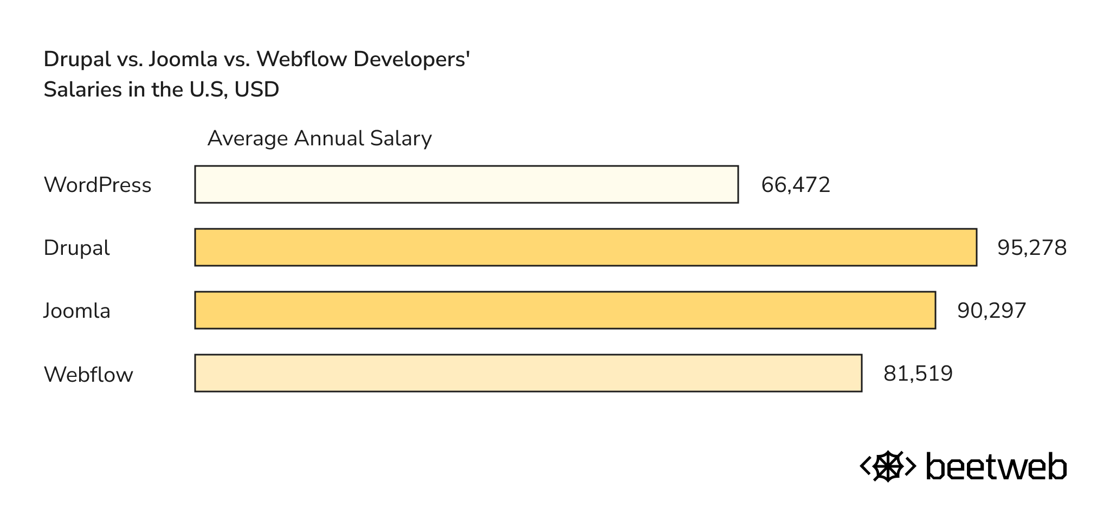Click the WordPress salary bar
click(466, 184)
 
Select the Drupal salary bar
click(585, 247)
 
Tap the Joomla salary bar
click(565, 310)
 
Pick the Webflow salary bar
click(528, 373)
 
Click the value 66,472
click(795, 185)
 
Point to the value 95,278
click(1031, 248)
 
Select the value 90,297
click(991, 311)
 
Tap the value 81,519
click(918, 374)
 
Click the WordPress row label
click(98, 185)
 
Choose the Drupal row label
click(76, 248)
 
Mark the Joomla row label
click(77, 311)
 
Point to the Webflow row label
click(88, 374)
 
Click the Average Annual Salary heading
click(319, 138)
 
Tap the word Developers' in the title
click(411, 59)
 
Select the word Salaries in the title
click(83, 89)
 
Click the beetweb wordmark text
click(996, 466)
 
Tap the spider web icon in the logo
click(888, 466)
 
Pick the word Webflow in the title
click(302, 59)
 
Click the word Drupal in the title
click(77, 59)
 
